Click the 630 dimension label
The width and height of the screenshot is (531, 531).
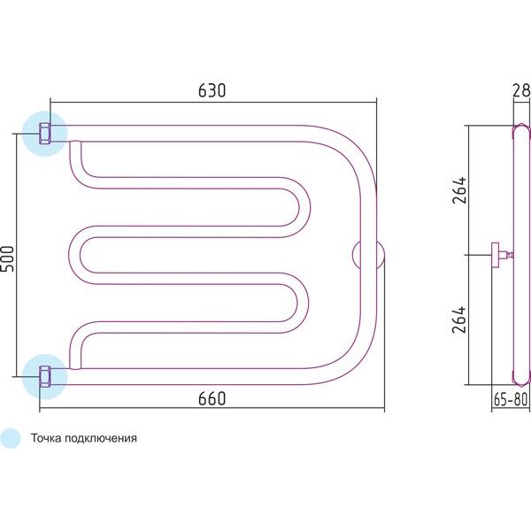[212, 90]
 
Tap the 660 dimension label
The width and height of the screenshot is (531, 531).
[212, 398]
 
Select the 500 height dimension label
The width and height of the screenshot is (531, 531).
[7, 258]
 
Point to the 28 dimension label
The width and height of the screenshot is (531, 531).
[521, 90]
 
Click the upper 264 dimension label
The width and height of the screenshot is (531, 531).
[459, 190]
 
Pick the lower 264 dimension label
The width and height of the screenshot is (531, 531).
[459, 319]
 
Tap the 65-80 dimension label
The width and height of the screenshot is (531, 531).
[511, 400]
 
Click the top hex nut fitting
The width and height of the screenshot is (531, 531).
[45, 134]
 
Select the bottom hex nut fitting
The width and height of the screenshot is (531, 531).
[45, 376]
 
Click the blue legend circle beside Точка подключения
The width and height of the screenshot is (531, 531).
[10, 438]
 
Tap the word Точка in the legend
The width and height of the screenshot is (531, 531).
[46, 438]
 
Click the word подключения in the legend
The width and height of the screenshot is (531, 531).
[101, 439]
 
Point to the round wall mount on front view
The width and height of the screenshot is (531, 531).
[368, 255]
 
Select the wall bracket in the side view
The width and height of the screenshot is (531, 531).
[502, 255]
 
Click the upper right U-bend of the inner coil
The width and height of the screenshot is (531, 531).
[298, 207]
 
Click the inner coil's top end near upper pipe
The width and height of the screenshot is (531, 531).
[75, 145]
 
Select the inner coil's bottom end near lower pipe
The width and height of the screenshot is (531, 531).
[75, 365]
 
